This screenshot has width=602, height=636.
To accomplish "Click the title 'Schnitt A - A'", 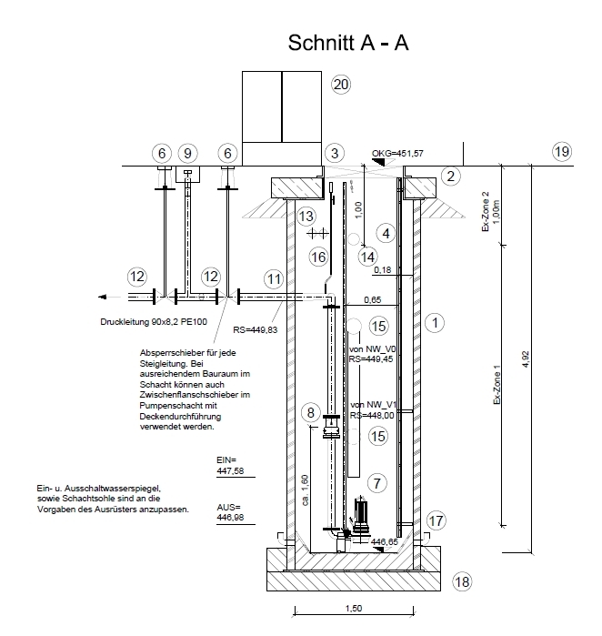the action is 347,43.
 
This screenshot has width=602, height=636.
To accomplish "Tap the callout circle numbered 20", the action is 341,85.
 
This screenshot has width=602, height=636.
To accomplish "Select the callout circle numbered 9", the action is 187,154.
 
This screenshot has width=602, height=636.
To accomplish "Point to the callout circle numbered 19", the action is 562,152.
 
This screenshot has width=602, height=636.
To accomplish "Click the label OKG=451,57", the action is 397,154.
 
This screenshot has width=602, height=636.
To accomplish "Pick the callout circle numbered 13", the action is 306,217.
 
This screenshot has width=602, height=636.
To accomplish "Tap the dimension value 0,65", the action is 373,299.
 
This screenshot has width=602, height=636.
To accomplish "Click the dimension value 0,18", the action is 383,269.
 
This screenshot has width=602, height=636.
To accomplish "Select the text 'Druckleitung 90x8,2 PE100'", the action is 154,322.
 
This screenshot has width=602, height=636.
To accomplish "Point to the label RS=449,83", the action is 256,330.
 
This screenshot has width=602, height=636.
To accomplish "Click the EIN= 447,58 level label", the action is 230,465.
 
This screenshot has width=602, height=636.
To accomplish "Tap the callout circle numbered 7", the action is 377,483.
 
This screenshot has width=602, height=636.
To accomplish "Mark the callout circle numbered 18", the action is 462,582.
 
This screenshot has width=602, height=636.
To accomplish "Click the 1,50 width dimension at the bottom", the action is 354,609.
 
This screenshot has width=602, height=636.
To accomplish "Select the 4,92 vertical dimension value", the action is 526,359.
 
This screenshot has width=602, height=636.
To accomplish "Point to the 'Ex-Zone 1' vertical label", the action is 497,385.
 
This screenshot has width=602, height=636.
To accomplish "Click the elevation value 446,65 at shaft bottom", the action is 385,542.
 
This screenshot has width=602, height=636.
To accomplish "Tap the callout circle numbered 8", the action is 311,413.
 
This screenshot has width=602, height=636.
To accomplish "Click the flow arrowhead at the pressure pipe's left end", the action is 103,297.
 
